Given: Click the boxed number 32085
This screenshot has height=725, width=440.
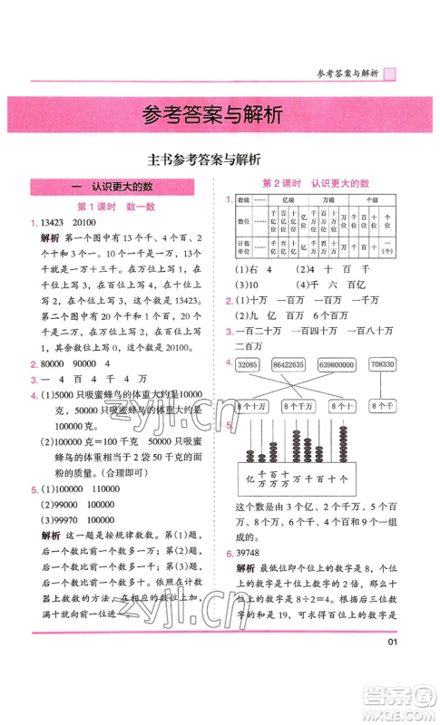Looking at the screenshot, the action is coord(249,364).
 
